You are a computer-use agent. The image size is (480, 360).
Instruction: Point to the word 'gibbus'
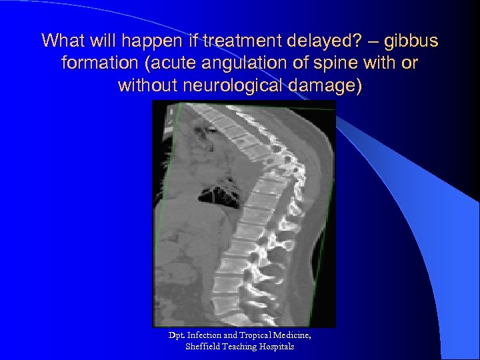coord(414,41)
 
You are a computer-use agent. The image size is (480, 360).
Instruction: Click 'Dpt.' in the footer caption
coord(177,335)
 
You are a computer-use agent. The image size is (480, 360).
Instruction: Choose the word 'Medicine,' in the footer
coord(293,335)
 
